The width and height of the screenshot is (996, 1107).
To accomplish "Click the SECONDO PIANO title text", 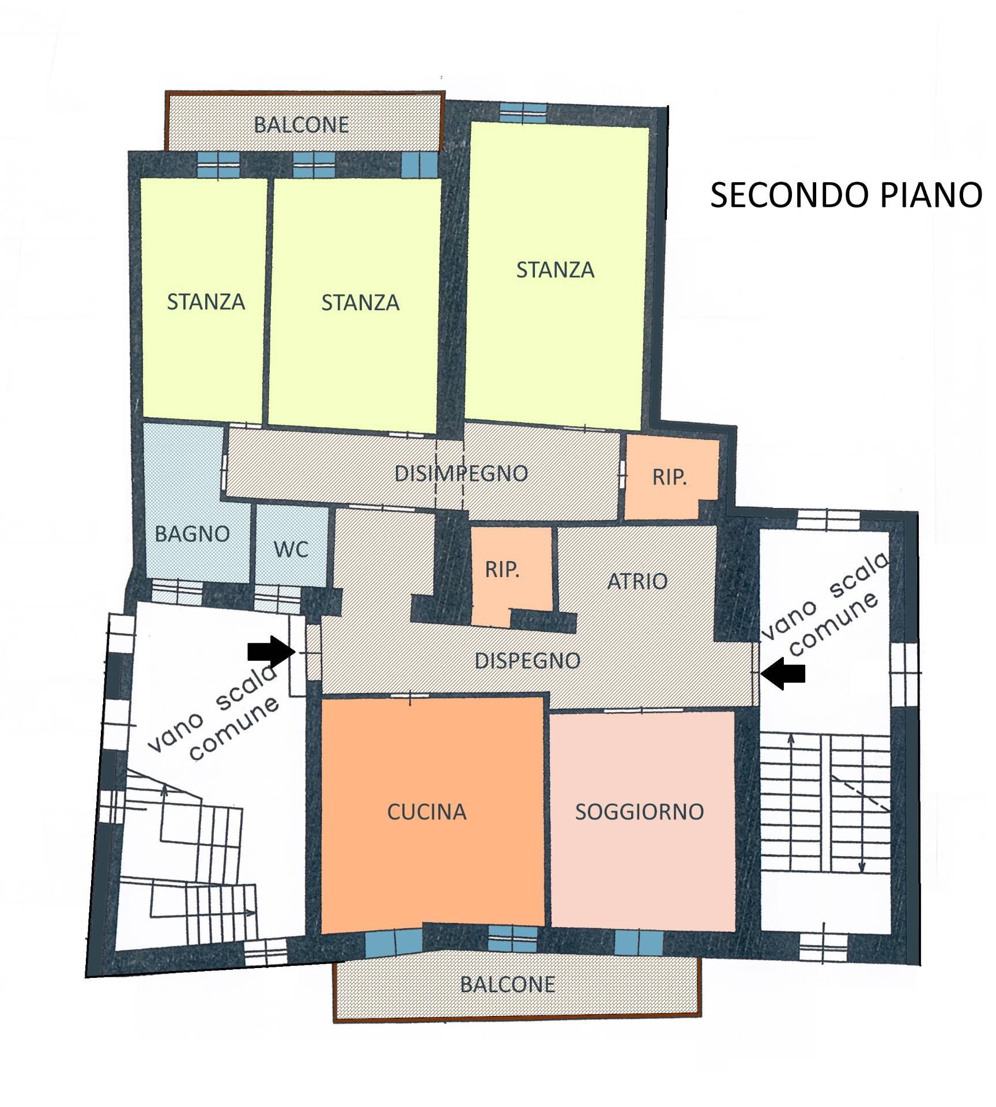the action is pyautogui.click(x=846, y=195).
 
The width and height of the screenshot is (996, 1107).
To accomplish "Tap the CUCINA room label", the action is pyautogui.click(x=427, y=812).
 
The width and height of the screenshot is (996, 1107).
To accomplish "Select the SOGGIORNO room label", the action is pyautogui.click(x=640, y=812).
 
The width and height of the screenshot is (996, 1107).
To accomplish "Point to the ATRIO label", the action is pyautogui.click(x=637, y=581).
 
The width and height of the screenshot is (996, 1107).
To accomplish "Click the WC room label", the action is pyautogui.click(x=291, y=549).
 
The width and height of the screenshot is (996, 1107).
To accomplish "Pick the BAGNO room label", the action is pyautogui.click(x=193, y=534).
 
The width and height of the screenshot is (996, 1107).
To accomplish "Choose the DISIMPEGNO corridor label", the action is pyautogui.click(x=461, y=473).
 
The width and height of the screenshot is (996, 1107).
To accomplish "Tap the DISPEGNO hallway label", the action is pyautogui.click(x=527, y=661).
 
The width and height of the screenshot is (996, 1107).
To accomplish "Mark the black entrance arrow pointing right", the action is pyautogui.click(x=271, y=652).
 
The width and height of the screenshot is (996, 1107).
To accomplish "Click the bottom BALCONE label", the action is pyautogui.click(x=508, y=984).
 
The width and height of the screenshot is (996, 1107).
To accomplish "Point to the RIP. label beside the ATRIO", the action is pyautogui.click(x=503, y=570).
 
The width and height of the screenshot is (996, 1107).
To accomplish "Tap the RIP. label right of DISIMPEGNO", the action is pyautogui.click(x=670, y=477).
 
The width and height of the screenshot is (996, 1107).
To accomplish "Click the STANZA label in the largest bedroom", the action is pyautogui.click(x=555, y=270).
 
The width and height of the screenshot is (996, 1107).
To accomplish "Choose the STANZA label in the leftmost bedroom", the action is pyautogui.click(x=206, y=302).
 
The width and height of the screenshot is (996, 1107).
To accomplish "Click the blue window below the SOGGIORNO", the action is pyautogui.click(x=639, y=942).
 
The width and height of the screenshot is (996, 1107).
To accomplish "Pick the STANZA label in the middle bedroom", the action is pyautogui.click(x=360, y=303).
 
